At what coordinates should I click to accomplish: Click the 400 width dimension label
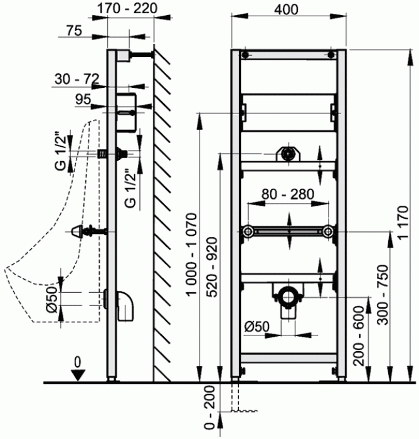click(286, 9)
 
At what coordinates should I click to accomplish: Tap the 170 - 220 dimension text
click(127, 8)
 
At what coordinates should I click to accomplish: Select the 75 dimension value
click(74, 30)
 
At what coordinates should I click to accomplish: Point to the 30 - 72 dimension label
click(77, 79)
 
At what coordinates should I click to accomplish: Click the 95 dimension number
click(83, 99)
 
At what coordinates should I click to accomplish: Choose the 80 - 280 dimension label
click(288, 194)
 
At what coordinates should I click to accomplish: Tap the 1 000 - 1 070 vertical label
click(192, 254)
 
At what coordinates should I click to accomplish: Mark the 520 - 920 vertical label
click(212, 267)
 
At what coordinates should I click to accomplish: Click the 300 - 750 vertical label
click(383, 295)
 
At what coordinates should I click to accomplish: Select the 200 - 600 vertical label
click(359, 336)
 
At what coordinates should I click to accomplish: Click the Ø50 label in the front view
click(257, 326)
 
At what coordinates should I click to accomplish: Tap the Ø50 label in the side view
click(52, 299)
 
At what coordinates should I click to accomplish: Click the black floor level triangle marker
click(78, 375)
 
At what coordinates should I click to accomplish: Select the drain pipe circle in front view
click(287, 296)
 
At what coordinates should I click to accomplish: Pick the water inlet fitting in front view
click(288, 154)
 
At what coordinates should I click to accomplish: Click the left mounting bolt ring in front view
click(248, 231)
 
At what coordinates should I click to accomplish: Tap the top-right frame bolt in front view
click(331, 55)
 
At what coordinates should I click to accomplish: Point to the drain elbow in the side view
click(125, 306)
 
